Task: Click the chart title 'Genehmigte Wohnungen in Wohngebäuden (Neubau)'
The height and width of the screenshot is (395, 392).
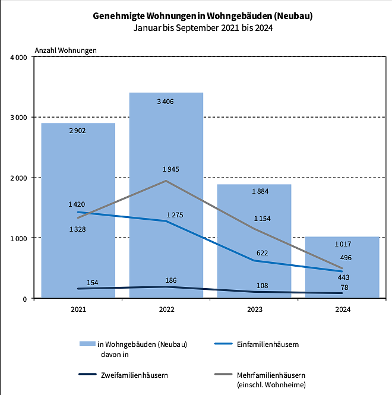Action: [203, 16]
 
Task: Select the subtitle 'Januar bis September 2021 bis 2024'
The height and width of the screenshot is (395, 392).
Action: [203, 27]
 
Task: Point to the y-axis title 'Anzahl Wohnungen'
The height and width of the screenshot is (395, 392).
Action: [66, 50]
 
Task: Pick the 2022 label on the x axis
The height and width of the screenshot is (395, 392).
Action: [166, 309]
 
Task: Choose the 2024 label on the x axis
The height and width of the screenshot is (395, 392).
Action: [343, 309]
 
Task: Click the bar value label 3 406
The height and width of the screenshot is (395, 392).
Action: [166, 102]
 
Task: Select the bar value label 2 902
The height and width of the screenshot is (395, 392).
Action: [77, 131]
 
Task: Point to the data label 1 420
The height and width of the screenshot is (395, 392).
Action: [77, 204]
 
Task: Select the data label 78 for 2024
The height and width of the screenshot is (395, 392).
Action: [343, 287]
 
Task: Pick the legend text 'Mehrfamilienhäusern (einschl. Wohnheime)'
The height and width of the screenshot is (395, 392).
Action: [271, 380]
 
